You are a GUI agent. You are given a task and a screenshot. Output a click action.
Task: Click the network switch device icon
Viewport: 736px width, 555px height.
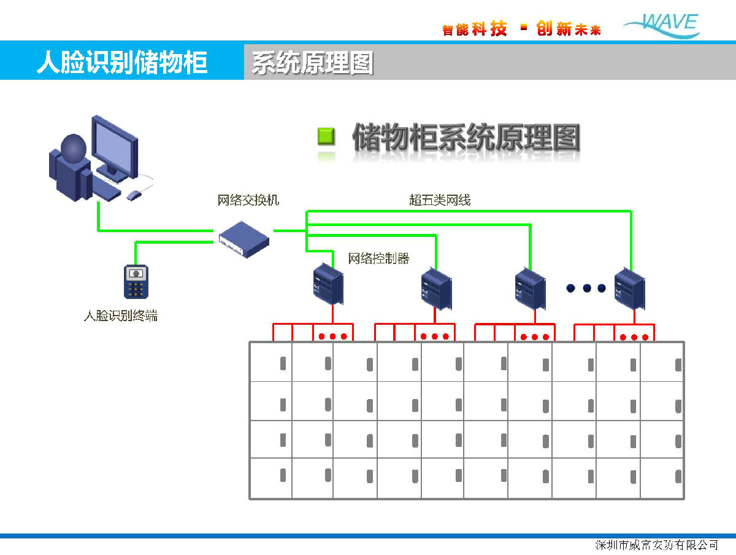pos(243,238)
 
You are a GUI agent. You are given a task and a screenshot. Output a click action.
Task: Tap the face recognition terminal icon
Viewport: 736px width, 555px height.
pos(137,282)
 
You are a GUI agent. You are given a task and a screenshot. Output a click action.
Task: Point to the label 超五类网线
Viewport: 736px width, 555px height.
pos(440,200)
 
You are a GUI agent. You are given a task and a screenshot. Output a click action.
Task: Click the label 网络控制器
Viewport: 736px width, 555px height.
pos(378,258)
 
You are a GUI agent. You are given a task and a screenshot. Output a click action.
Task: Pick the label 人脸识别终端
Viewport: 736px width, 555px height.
pos(120,316)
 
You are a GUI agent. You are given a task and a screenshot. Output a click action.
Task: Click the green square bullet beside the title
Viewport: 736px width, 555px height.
pos(326,136)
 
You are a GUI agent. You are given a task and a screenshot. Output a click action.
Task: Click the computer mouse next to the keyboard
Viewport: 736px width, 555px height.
pos(134,195)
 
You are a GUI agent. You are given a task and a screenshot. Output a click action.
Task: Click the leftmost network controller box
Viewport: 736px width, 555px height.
pos(328,284)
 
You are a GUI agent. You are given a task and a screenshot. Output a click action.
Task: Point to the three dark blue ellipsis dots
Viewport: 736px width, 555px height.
pos(586,288)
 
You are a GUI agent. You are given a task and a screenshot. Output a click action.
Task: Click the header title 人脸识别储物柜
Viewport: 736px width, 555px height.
pos(122,63)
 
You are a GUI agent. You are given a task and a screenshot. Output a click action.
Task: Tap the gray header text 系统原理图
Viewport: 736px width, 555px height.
pos(312,63)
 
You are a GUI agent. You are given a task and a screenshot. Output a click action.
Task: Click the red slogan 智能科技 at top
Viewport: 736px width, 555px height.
pos(475,29)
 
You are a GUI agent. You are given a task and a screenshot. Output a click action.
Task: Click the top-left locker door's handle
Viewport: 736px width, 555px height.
pos(283,364)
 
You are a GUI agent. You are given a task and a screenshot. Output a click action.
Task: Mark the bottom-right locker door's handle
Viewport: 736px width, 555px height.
pos(678,476)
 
